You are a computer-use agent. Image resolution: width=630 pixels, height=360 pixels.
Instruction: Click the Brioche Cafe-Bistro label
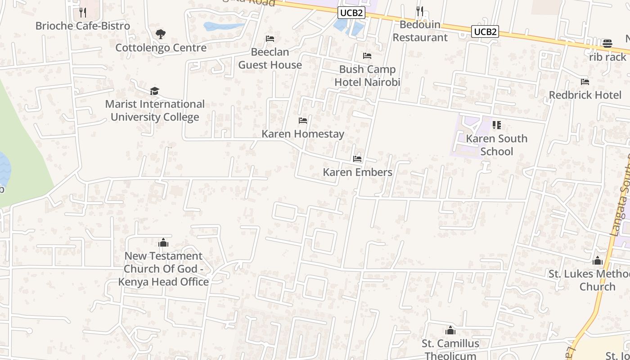click(83, 26)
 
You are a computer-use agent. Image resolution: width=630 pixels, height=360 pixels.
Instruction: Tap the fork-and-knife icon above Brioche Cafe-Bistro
click(82, 12)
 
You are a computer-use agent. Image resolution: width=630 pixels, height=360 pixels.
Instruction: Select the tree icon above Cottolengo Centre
click(161, 34)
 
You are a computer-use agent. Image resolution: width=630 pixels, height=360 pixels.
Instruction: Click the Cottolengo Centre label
click(161, 48)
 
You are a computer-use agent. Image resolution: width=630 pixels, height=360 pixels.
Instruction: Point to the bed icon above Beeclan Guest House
click(270, 39)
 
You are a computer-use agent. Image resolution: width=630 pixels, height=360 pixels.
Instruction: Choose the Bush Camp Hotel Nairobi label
click(367, 76)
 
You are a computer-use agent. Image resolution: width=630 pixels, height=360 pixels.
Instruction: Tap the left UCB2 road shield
click(351, 13)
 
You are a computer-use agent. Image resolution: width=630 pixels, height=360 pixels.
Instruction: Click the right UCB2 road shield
click(485, 31)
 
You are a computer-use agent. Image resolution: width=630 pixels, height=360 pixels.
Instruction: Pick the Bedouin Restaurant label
click(420, 31)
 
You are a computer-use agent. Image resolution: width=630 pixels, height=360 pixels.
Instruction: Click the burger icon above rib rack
click(607, 44)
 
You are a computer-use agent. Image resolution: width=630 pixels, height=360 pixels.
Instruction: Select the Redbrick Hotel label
click(585, 95)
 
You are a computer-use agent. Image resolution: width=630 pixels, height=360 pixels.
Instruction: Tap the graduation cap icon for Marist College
click(155, 91)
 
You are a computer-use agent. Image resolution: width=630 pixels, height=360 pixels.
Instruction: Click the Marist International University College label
click(155, 111)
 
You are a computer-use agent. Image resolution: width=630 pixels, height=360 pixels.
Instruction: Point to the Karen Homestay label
click(303, 134)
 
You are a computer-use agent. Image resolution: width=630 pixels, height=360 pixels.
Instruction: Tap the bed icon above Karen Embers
click(357, 159)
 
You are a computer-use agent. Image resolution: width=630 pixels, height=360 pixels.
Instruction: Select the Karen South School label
click(497, 145)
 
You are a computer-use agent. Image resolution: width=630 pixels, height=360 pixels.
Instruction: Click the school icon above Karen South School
click(497, 125)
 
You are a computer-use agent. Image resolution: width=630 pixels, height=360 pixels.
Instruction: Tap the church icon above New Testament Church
click(163, 243)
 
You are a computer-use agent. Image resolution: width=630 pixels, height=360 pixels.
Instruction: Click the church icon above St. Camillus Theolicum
click(450, 331)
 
